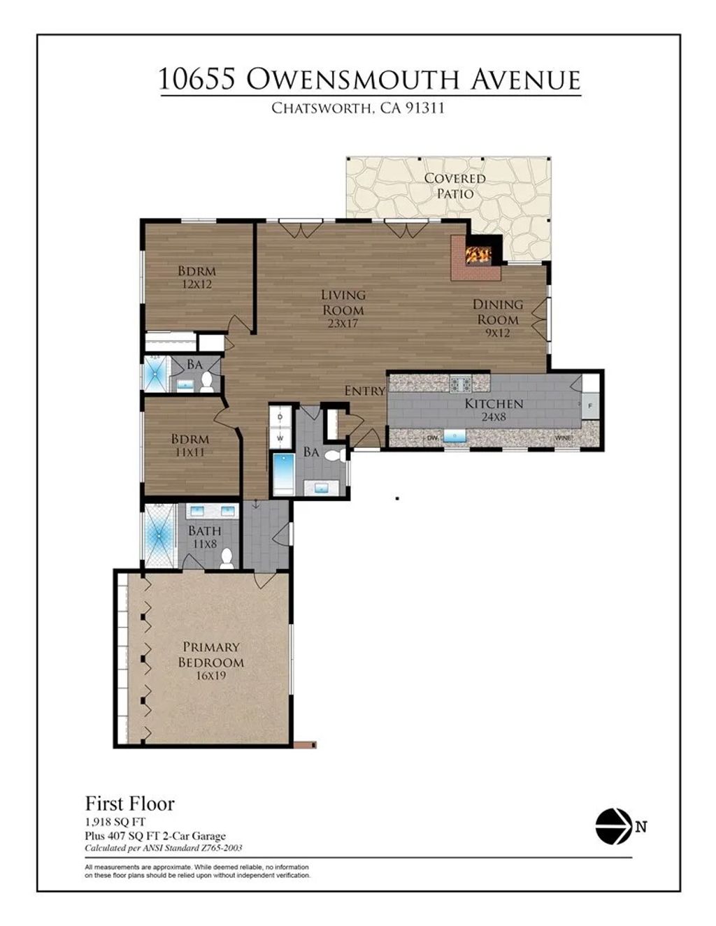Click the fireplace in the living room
[x=478, y=255]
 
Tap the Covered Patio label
[x=454, y=186]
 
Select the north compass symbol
[x=613, y=826]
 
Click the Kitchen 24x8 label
[x=494, y=410]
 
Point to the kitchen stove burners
[x=460, y=383]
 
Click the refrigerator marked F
[x=590, y=405]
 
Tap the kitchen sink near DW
[x=455, y=437]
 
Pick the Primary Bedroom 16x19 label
[x=210, y=661]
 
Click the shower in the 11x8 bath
[x=159, y=535]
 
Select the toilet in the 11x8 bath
[x=227, y=558]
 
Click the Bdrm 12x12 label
[x=196, y=277]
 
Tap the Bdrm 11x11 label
[x=190, y=445]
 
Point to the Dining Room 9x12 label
[x=497, y=319]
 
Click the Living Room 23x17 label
[x=343, y=309]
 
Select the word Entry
[x=364, y=391]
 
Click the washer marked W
[x=280, y=438]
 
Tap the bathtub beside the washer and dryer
[x=283, y=474]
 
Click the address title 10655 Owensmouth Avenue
[x=369, y=80]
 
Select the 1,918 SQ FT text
[x=115, y=822]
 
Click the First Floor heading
[x=129, y=803]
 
